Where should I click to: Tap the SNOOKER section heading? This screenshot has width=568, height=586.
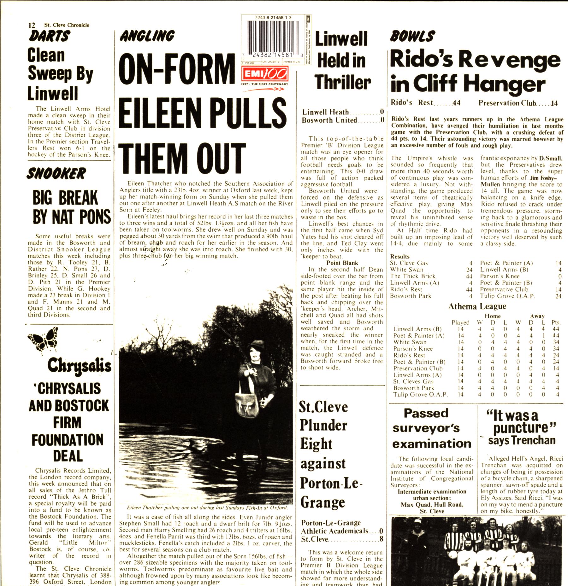pyautogui.click(x=56, y=174)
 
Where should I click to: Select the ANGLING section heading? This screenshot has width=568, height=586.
pyautogui.click(x=147, y=36)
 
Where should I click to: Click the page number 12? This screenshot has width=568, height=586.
pyautogui.click(x=32, y=25)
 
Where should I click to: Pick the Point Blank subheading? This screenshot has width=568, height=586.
pyautogui.click(x=342, y=263)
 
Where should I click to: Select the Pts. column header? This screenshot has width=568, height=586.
pyautogui.click(x=556, y=322)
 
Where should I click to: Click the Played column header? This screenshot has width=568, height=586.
pyautogui.click(x=460, y=322)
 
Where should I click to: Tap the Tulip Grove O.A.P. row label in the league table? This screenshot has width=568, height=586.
pyautogui.click(x=420, y=394)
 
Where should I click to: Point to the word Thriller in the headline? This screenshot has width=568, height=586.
pyautogui.click(x=342, y=83)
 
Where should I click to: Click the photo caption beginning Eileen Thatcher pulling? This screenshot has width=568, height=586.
pyautogui.click(x=207, y=508)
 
